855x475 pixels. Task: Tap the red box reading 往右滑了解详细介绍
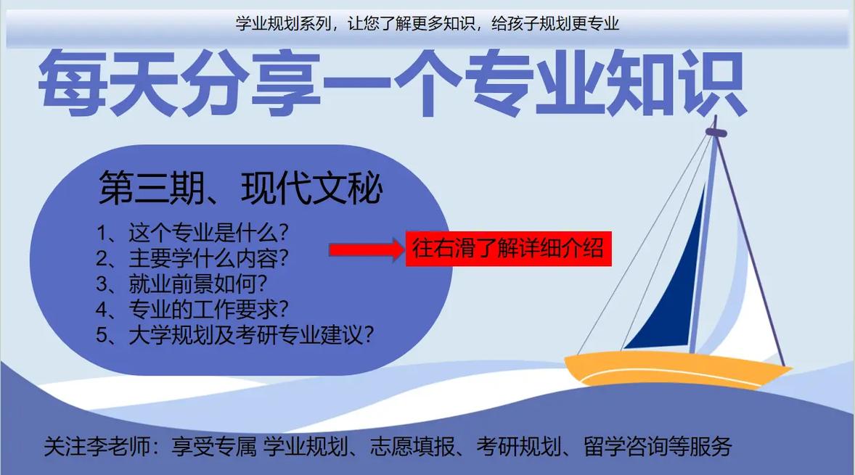click(508, 249)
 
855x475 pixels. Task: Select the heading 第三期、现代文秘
click(240, 188)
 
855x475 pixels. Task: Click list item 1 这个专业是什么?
click(192, 233)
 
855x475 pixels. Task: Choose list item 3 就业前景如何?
click(181, 284)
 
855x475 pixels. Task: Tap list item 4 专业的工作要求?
click(192, 310)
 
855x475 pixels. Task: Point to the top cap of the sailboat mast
click(716, 132)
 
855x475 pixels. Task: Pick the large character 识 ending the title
click(711, 83)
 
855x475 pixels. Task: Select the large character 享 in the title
click(285, 83)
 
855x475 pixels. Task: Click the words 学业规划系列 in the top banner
click(284, 23)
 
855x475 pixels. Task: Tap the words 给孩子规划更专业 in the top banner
click(556, 23)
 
